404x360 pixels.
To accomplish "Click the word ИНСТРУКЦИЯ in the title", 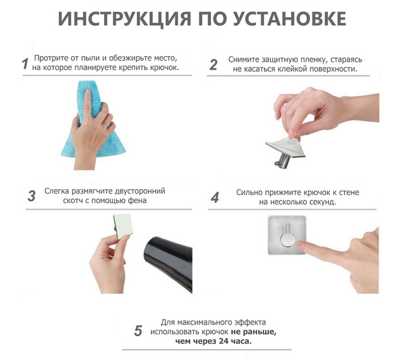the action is coord(124,19).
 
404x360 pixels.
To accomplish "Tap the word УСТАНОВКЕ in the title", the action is coord(290,19).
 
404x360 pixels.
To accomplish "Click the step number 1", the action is coord(25,64).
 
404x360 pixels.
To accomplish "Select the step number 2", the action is coord(213,64).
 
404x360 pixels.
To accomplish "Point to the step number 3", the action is coord(32,196).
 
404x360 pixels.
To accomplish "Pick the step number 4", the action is coord(215,197).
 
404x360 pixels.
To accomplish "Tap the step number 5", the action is coord(138,331).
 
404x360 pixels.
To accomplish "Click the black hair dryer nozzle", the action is coord(169,262).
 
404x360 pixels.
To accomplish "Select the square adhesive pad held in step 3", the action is coord(123,225).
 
